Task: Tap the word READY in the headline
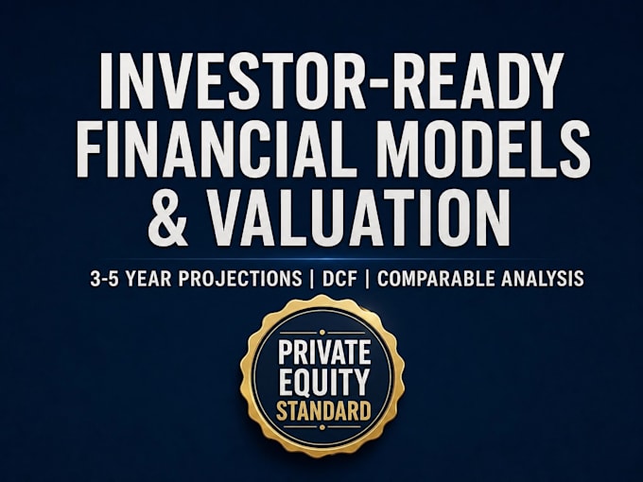coord(454,79)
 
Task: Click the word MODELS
coord(484,148)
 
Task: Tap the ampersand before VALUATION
coord(167,217)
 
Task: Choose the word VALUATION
coord(359,217)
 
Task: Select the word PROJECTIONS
coord(240,279)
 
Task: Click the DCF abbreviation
coord(339,279)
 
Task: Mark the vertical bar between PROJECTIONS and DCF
coord(312,279)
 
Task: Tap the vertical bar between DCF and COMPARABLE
coord(367,279)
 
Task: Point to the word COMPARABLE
coord(436,279)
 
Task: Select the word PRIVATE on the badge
coord(324,353)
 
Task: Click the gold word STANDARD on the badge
coord(324,410)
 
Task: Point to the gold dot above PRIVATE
coord(322,332)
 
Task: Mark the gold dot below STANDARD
coord(322,427)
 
